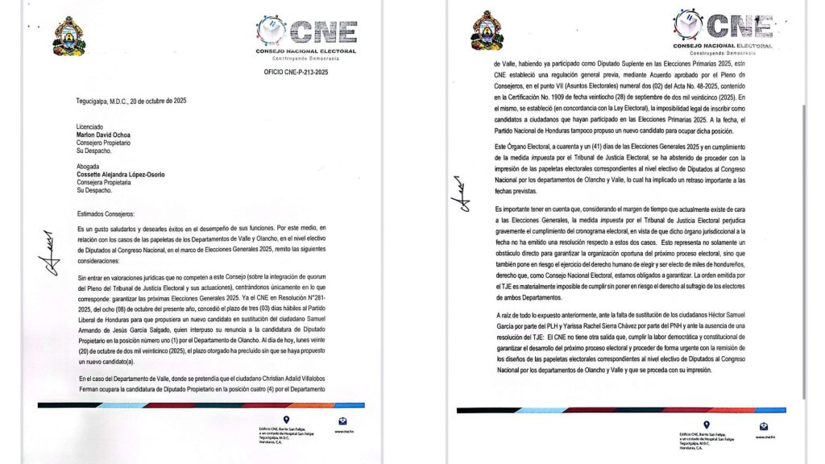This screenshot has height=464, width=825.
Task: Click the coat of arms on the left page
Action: pyautogui.click(x=68, y=36)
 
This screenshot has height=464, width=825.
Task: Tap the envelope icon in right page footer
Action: pyautogui.click(x=765, y=427)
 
